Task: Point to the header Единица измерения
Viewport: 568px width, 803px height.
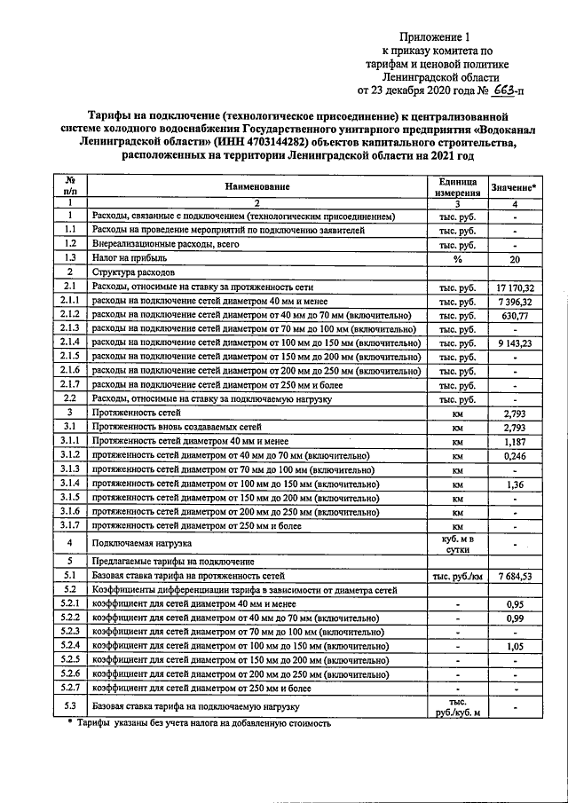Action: [x=459, y=186]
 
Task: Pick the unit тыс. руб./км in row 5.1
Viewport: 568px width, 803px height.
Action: [x=459, y=576]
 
